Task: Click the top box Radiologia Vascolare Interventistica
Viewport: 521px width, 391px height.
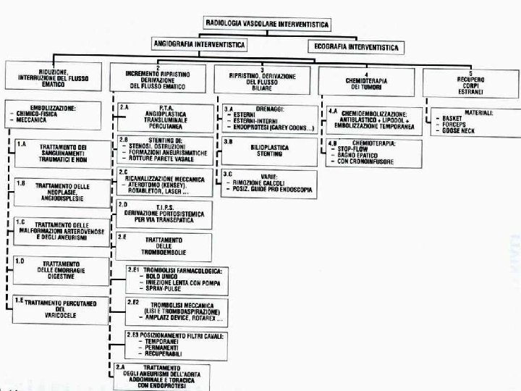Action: click(x=267, y=24)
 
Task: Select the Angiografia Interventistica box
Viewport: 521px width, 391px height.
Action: click(x=200, y=45)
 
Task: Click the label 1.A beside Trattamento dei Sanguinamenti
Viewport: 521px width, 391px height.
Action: click(x=22, y=145)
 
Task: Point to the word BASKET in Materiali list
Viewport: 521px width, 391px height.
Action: click(x=454, y=118)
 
